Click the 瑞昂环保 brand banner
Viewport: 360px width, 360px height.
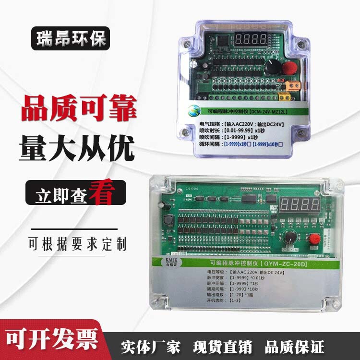coord(71,38)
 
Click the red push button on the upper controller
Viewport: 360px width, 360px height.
coord(289,68)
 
